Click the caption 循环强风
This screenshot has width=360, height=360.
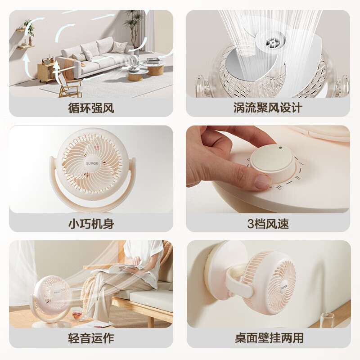pos(91,108)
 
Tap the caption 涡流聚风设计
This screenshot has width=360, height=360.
pos(268,108)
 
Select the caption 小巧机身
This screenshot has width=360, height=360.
pos(91,223)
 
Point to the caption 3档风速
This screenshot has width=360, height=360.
pos(268,223)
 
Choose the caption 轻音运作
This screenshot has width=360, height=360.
pos(91,338)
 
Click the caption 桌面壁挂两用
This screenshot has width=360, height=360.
pos(269,338)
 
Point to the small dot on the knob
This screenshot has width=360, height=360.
pos(279,147)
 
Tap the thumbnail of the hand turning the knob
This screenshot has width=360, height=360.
pos(268,169)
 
